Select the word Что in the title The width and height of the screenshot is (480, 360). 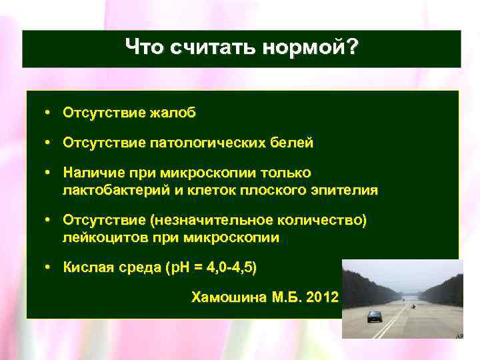145,47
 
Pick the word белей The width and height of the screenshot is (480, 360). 291,143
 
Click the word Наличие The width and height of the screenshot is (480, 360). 88,173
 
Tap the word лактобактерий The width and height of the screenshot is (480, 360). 109,190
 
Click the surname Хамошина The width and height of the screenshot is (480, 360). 229,297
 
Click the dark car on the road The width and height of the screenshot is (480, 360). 374,316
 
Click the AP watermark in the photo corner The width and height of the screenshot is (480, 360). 459,337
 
